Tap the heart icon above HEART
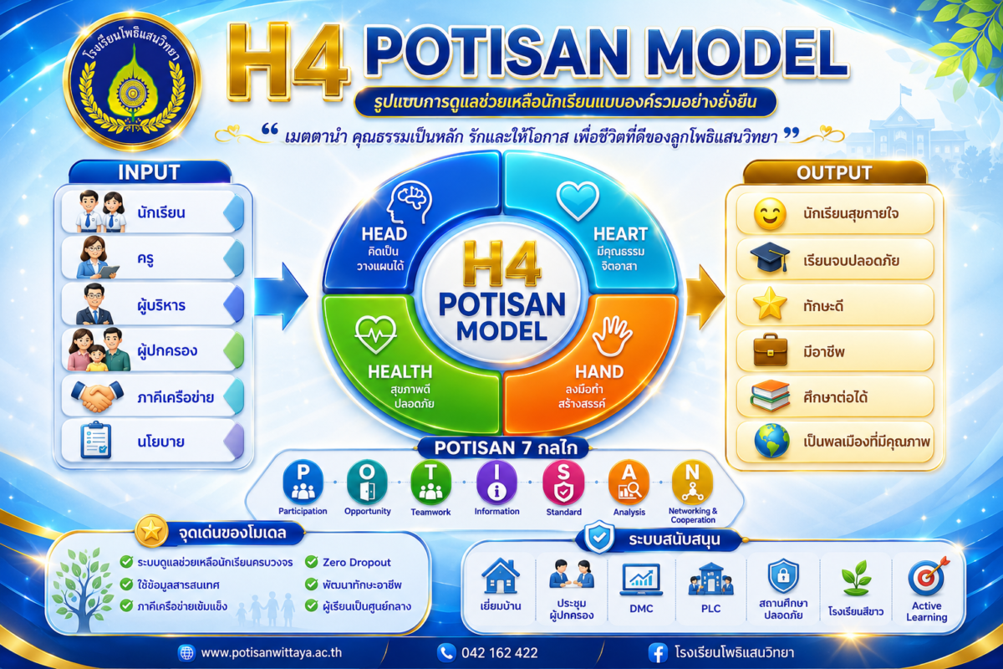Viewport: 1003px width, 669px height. (578, 201)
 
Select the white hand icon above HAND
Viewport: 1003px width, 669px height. (612, 336)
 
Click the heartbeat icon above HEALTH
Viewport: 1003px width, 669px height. (375, 334)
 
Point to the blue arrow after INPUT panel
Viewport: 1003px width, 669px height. (281, 296)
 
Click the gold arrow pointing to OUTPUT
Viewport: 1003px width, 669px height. (705, 296)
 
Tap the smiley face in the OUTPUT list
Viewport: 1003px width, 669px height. (770, 214)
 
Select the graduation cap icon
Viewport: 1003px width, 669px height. (770, 258)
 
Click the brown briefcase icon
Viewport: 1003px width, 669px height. (770, 350)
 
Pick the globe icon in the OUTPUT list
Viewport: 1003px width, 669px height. (771, 441)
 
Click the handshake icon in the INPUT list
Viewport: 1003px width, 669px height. (97, 396)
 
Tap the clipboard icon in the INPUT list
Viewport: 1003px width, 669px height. (96, 440)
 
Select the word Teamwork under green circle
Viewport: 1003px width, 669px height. (430, 512)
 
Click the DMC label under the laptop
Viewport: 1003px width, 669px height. (641, 609)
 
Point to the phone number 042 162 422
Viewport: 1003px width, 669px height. (499, 653)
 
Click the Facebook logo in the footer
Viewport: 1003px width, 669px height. (658, 653)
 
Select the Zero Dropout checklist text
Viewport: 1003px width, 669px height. (356, 562)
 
